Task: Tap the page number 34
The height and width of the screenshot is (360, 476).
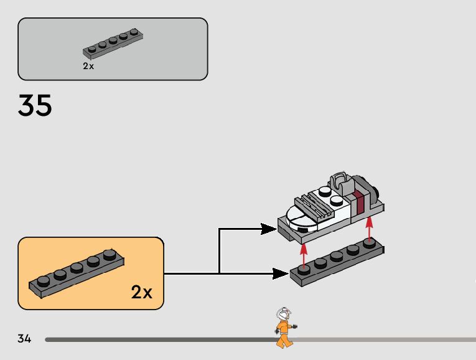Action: pyautogui.click(x=24, y=339)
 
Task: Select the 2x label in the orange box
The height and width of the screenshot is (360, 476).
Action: pyautogui.click(x=141, y=291)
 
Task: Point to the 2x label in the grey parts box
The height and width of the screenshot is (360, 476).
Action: pyautogui.click(x=88, y=66)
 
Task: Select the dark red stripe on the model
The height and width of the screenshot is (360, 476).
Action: pyautogui.click(x=358, y=204)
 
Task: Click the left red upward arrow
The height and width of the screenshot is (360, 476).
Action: pyautogui.click(x=304, y=254)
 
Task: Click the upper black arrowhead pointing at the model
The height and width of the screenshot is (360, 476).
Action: pyautogui.click(x=268, y=229)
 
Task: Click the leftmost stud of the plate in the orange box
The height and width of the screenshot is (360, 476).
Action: pyautogui.click(x=43, y=281)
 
